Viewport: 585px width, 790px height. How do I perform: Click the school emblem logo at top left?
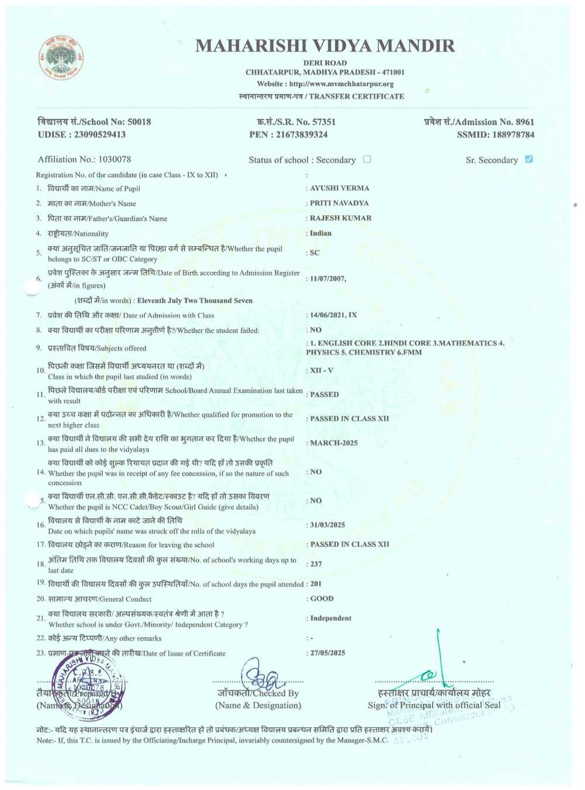pos(61,58)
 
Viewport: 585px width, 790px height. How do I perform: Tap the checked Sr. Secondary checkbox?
pos(529,159)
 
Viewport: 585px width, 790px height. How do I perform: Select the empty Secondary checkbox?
pos(367,159)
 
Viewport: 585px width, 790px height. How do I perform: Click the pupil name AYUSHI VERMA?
pos(339,188)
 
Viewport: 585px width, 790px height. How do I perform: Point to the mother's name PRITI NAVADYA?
pos(339,203)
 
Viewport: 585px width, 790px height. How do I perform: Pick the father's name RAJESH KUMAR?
pos(340,218)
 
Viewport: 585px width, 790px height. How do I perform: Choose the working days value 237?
pos(316,564)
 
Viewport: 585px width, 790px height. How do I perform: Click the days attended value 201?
pos(316,584)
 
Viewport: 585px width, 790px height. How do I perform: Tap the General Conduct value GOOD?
pos(322,599)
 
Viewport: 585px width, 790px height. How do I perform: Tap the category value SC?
pos(315,253)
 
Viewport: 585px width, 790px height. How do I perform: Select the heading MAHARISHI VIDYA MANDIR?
pos(325,46)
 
